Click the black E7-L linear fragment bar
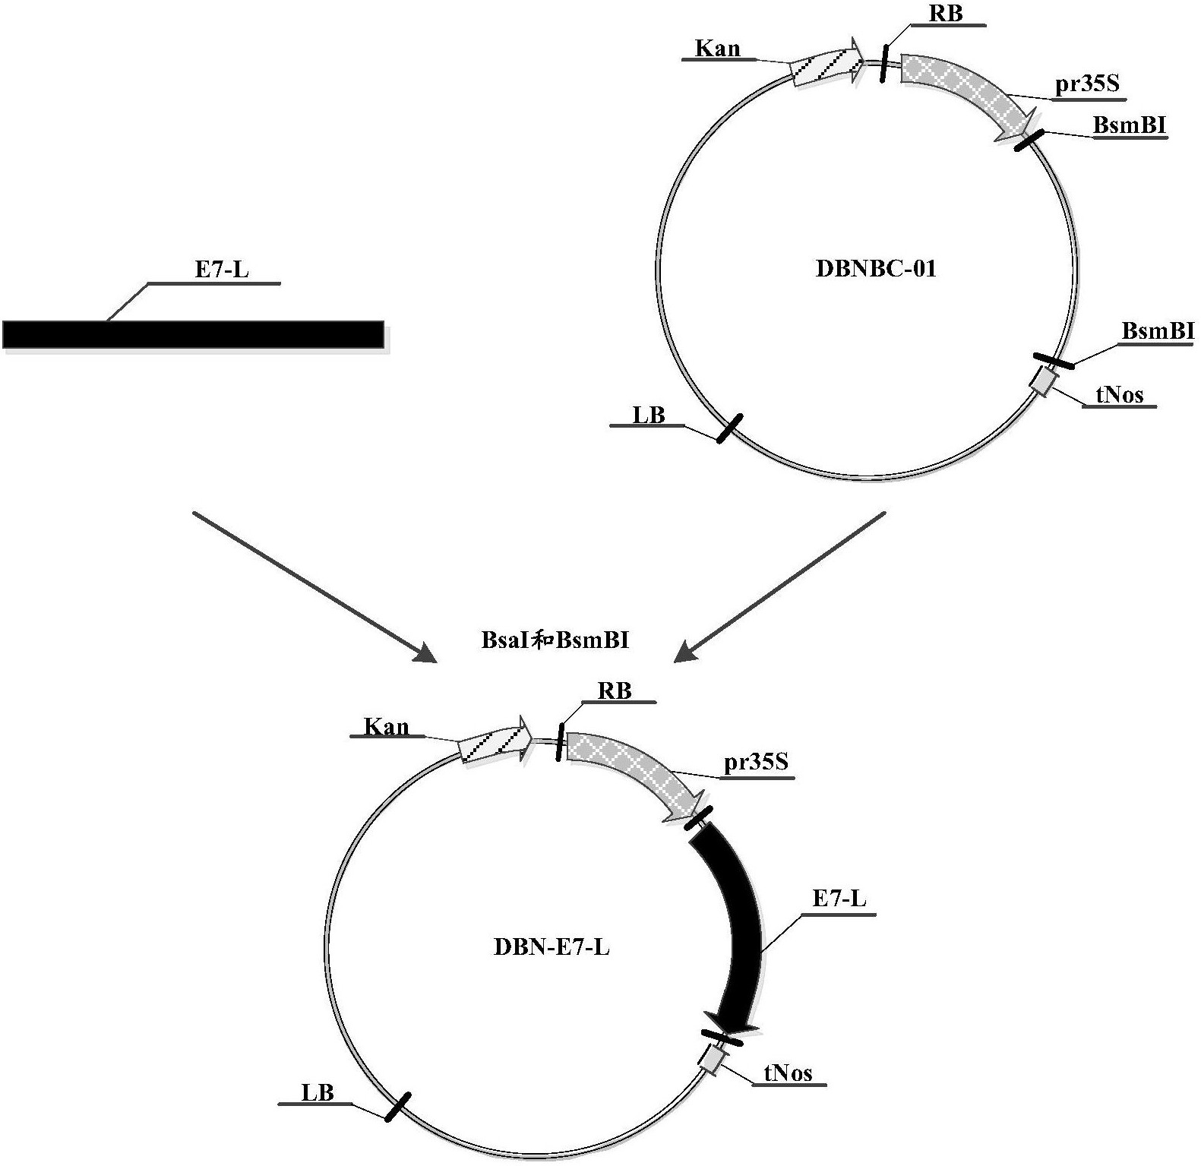click(x=193, y=334)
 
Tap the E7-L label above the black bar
click(x=222, y=270)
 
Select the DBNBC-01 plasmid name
click(x=875, y=268)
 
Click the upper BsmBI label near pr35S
click(x=1129, y=125)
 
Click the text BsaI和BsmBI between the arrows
click(x=555, y=640)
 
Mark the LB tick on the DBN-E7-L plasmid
click(x=397, y=1106)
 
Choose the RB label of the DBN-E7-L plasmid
click(x=615, y=691)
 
